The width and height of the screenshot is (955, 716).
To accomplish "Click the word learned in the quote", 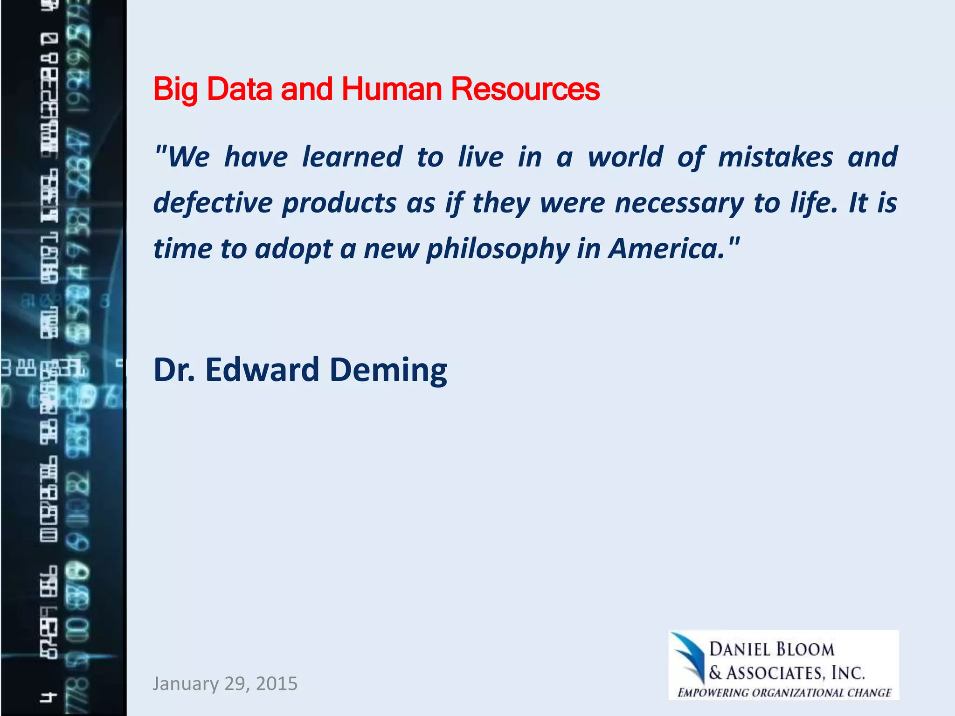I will point(352,157).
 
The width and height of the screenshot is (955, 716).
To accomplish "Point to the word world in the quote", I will point(625,157).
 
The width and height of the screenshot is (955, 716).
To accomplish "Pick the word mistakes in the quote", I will point(775,157).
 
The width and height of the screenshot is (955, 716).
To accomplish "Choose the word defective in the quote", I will point(213,203).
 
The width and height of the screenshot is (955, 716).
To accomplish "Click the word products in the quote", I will point(339,204).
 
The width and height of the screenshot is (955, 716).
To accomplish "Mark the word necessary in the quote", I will point(679,204).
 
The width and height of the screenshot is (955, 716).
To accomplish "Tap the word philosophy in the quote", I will point(498,249).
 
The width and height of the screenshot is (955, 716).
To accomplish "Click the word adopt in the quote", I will point(293,249).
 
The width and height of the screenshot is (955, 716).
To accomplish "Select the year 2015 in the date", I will point(277,683).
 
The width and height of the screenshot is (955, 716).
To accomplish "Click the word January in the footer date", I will point(186,683).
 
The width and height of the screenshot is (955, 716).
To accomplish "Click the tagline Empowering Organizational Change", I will point(784,693).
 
